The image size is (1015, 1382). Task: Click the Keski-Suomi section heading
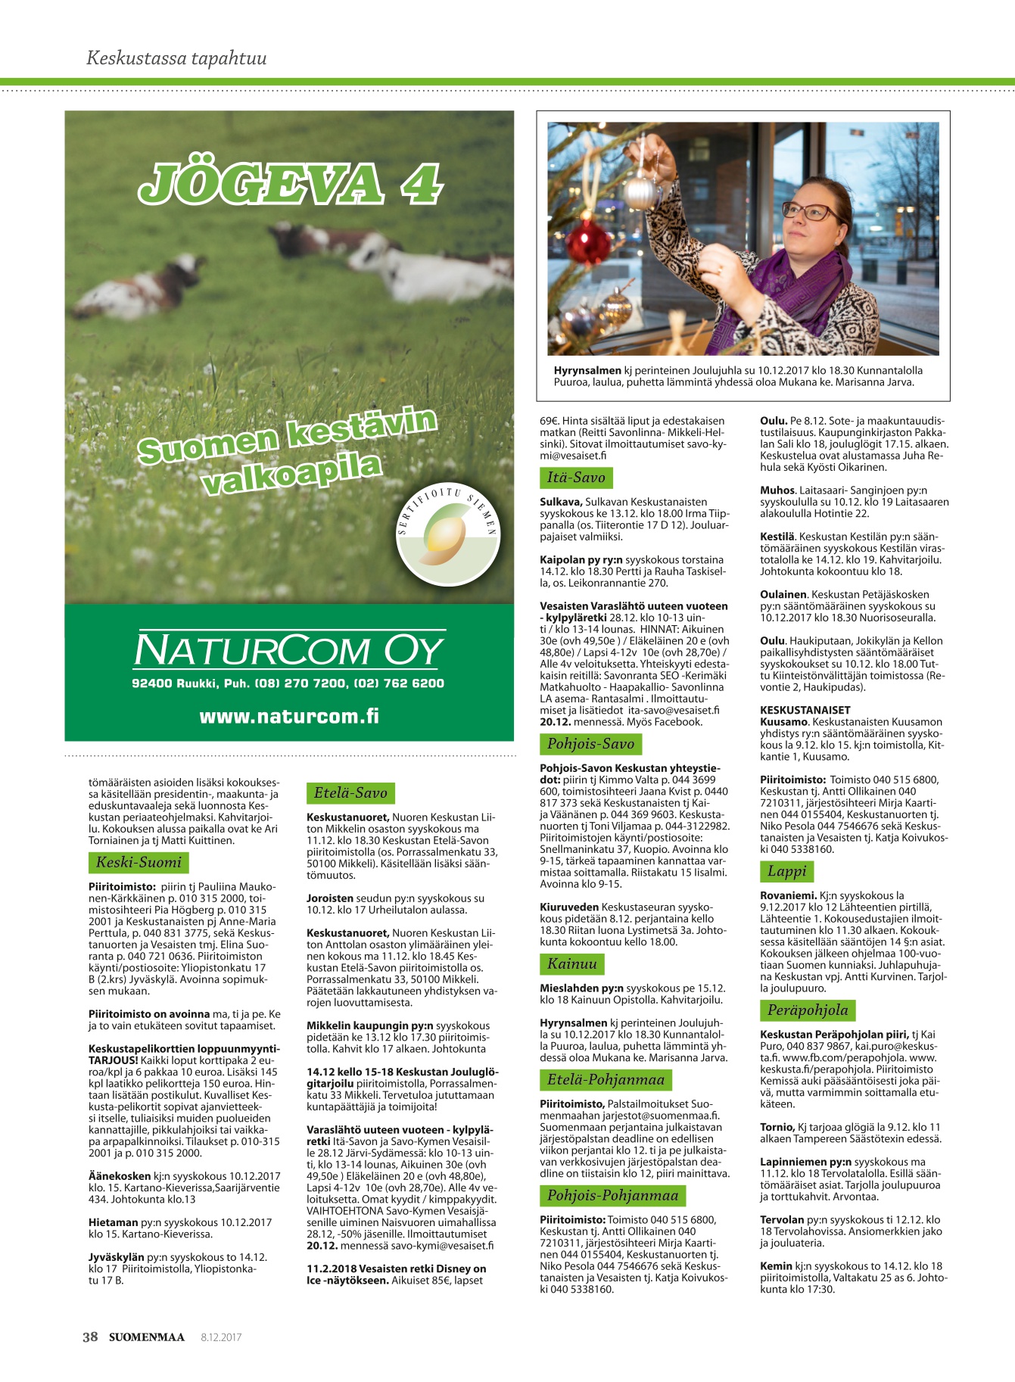(139, 862)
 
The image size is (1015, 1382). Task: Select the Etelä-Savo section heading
(350, 793)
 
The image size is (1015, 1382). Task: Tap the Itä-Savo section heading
(576, 478)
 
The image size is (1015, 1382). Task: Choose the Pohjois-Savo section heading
(590, 744)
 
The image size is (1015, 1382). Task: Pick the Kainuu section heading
(572, 964)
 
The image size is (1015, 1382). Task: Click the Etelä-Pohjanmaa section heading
(606, 1080)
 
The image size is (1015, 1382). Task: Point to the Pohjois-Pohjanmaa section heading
(612, 1196)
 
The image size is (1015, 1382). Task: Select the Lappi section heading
(787, 871)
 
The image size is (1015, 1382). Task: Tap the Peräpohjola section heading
(808, 1010)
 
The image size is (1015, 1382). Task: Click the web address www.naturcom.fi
(289, 716)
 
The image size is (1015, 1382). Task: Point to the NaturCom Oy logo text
(289, 651)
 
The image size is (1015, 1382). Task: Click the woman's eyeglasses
(810, 211)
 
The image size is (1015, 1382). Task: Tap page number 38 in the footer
(90, 1337)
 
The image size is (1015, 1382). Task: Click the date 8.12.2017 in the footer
(221, 1337)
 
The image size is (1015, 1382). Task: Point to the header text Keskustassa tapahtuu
(176, 58)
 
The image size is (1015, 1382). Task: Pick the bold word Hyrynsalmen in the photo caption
(587, 371)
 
